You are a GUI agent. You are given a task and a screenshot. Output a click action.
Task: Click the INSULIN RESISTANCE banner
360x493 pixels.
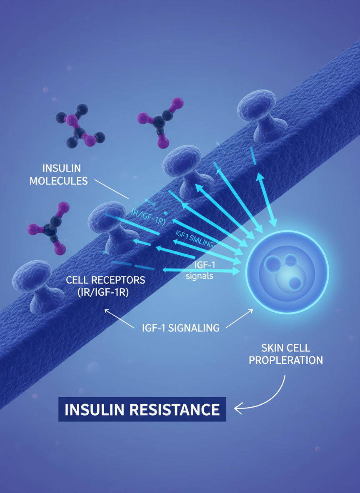click(142, 409)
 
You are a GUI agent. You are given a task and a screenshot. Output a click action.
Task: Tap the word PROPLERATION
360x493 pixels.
click(286, 360)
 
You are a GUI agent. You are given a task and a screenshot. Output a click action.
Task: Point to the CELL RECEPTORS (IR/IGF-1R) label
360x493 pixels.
click(105, 286)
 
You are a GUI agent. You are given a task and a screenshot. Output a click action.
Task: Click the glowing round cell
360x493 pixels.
click(287, 272)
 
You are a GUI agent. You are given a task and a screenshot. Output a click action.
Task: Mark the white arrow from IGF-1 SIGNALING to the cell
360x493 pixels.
click(239, 320)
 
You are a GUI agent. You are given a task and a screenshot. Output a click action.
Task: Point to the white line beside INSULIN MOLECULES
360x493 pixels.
click(112, 189)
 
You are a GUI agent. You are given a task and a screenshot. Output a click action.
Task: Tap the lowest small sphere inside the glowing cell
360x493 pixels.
click(295, 283)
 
